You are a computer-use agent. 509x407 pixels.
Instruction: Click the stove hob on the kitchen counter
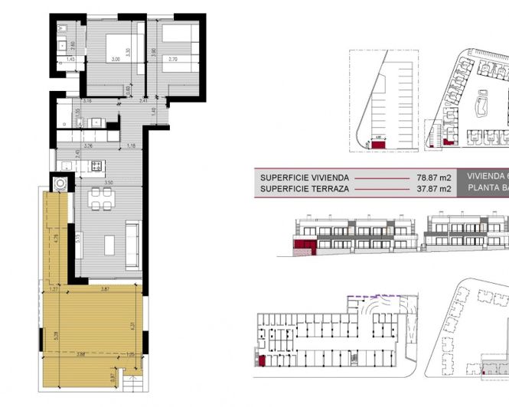point(96,165)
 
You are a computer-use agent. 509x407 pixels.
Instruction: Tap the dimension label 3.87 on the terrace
point(106,288)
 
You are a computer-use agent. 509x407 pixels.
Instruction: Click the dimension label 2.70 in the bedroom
point(172,58)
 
